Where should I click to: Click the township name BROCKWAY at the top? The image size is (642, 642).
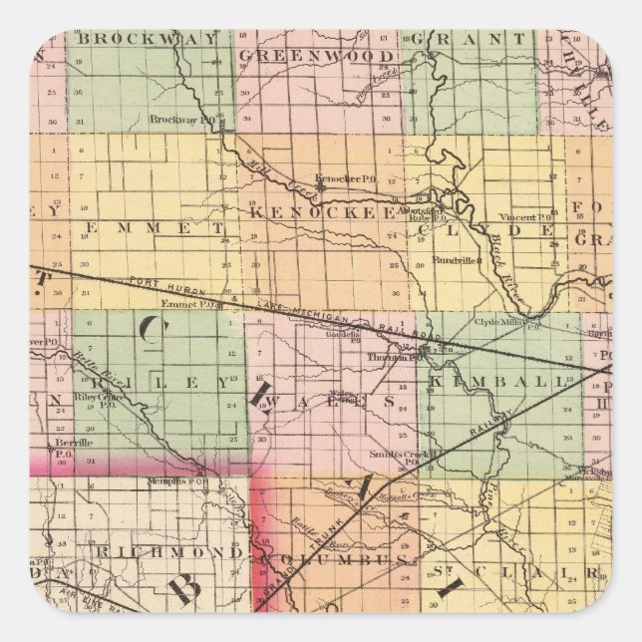(x=147, y=40)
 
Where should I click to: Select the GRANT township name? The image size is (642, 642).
(x=473, y=40)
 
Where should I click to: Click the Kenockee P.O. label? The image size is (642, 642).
(x=345, y=178)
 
